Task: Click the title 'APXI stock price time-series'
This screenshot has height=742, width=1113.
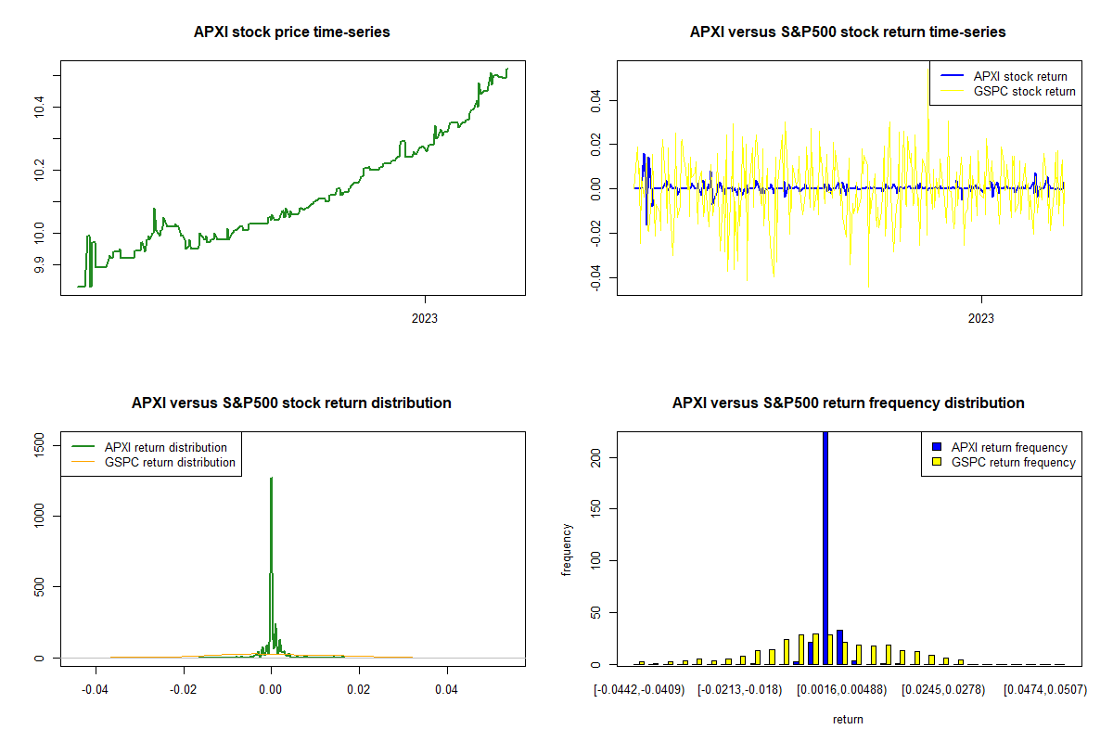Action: click(291, 32)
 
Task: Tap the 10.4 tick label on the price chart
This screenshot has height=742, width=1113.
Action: click(38, 109)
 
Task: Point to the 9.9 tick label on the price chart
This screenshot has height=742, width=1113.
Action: click(38, 265)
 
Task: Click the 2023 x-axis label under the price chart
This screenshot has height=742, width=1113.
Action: click(425, 319)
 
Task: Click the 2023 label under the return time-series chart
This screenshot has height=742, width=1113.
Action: click(981, 319)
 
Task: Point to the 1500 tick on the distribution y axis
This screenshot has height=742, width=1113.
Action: click(38, 447)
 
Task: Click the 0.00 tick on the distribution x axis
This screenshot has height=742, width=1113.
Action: click(271, 690)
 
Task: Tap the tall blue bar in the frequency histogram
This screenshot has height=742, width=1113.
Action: click(825, 547)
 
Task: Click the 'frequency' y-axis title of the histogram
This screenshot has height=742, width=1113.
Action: click(567, 549)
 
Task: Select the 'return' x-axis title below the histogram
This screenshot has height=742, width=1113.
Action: click(848, 719)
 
